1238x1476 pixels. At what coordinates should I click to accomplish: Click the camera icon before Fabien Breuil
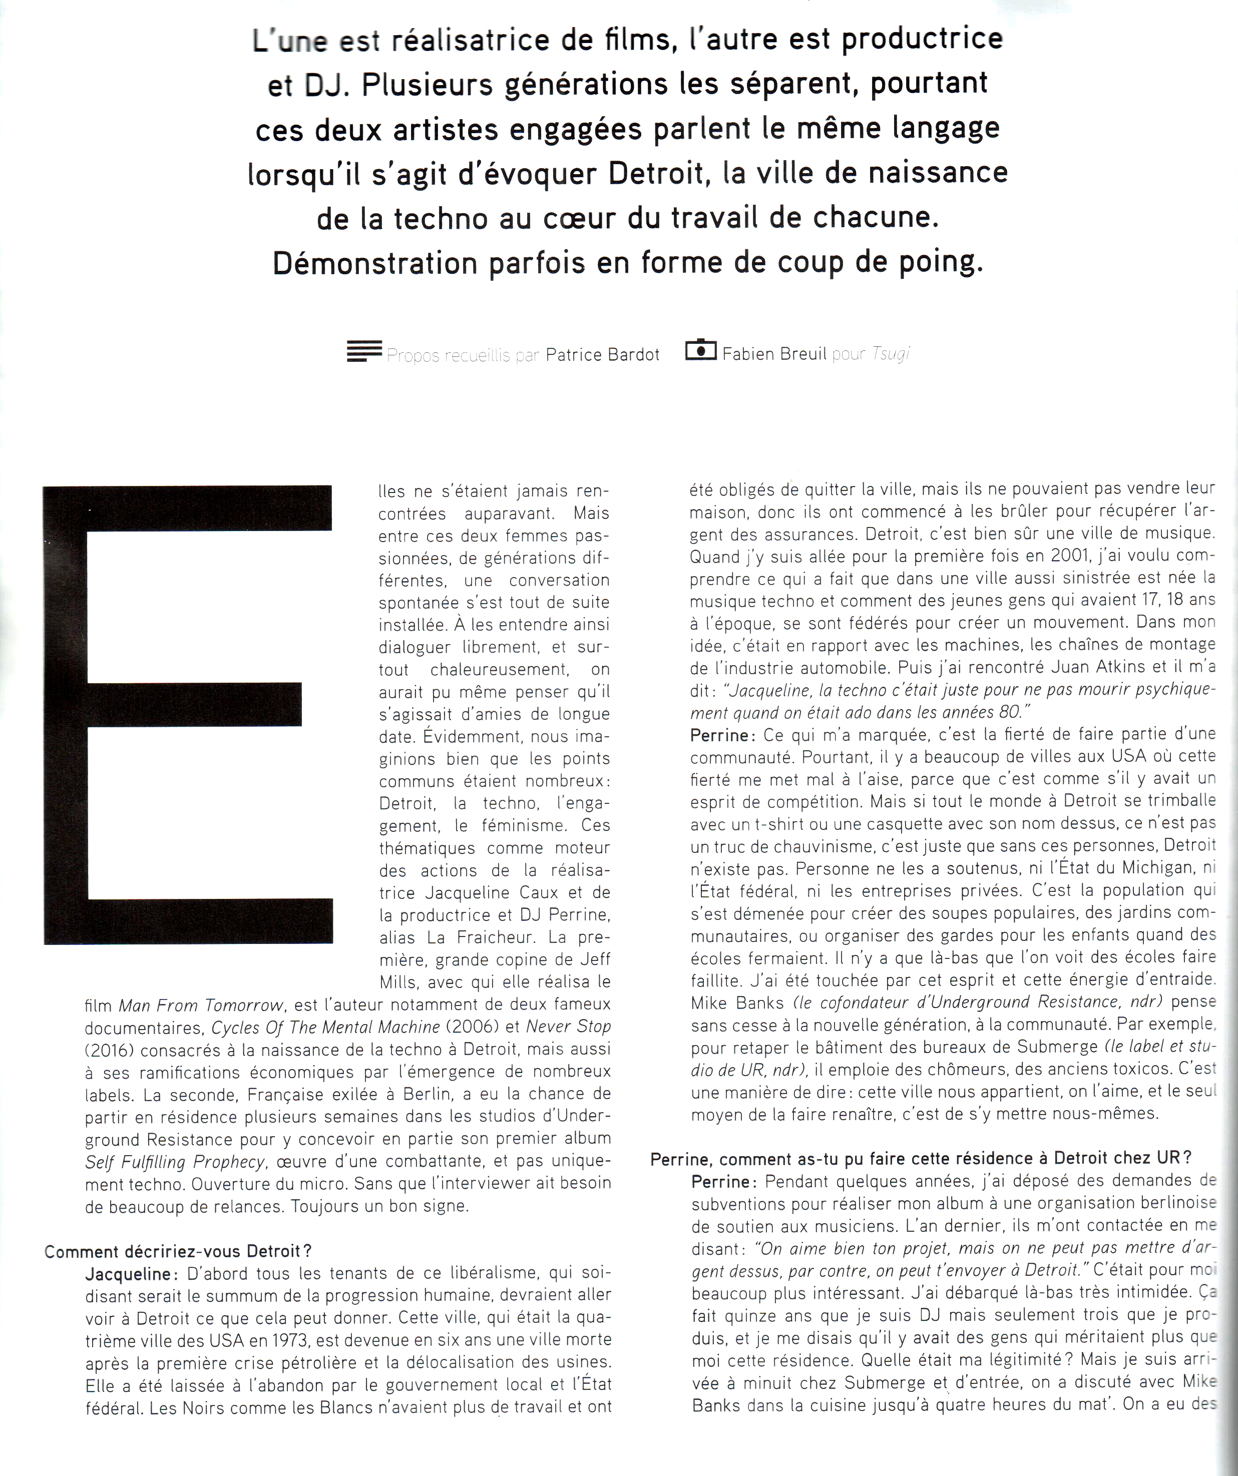tap(700, 351)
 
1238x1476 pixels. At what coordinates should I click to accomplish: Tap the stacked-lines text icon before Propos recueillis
tap(364, 351)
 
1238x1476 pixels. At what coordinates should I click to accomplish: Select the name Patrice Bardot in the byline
tap(602, 355)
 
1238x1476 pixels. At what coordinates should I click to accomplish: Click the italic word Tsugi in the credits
tap(891, 354)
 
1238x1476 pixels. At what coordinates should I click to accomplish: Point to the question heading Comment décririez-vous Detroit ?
tap(178, 1251)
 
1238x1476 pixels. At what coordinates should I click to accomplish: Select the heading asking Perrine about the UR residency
tap(921, 1158)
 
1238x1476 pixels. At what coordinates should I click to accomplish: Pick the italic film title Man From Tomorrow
tap(201, 1005)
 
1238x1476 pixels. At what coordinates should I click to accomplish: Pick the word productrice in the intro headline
tap(922, 39)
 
